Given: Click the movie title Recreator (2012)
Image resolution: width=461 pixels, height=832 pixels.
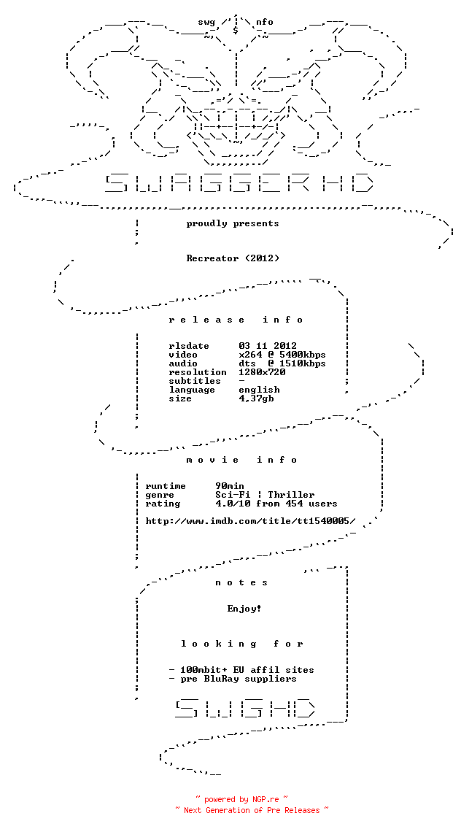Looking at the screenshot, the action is coord(233,258).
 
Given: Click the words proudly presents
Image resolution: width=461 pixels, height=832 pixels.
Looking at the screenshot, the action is coord(233,223).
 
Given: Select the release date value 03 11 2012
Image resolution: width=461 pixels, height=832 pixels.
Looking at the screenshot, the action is coord(268,346).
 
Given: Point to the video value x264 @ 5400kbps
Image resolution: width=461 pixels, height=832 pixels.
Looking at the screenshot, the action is coord(282,355).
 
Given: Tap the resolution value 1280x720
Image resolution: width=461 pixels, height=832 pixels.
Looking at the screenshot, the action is coord(262,372).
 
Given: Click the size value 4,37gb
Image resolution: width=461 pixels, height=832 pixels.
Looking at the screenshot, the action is coord(256,398).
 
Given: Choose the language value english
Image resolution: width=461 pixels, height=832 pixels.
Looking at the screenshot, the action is coord(259,390).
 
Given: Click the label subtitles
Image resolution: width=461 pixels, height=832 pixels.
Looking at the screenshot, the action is coord(195,381).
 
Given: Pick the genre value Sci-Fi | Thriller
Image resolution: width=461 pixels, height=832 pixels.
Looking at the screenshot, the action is coord(265,495).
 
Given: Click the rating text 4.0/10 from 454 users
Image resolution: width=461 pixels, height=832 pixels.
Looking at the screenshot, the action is coord(276,504).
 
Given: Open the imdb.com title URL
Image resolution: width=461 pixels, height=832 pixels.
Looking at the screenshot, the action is coord(250,521).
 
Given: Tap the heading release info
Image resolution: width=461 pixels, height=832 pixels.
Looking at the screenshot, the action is coord(236,320).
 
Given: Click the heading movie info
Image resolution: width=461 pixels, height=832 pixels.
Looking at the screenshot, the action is coord(241,460).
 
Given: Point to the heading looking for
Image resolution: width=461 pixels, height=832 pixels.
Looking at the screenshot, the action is coord(241,644).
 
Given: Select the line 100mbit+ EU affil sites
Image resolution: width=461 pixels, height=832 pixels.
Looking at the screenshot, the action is coord(241,670).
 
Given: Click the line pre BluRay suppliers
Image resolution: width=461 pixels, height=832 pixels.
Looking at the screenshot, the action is coord(233,679).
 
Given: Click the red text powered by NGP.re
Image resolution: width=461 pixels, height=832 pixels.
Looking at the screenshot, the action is coord(241,799).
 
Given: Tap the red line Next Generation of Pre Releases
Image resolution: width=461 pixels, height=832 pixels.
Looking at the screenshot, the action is coord(252,810).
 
